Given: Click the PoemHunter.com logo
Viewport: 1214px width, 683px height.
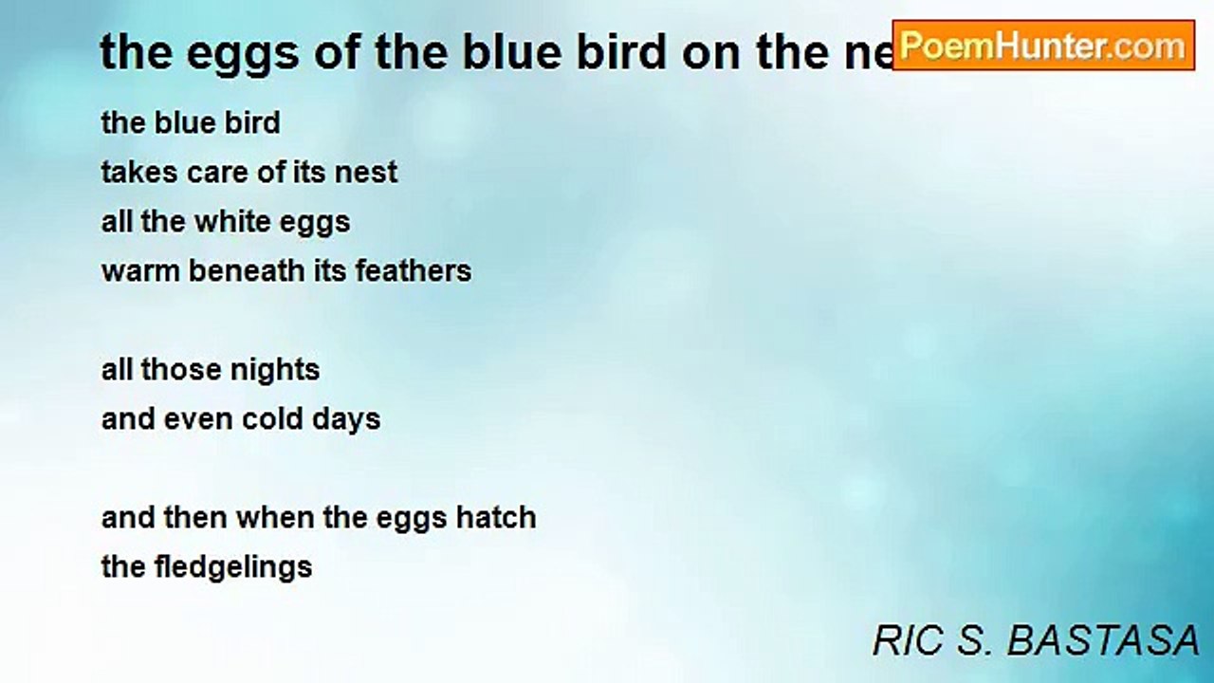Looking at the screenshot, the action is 1043,46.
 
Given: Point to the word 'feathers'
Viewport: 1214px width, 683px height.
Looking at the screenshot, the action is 413,270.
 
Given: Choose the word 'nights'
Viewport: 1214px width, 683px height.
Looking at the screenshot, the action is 275,371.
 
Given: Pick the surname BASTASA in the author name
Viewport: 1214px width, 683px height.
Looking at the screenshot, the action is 1103,640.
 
